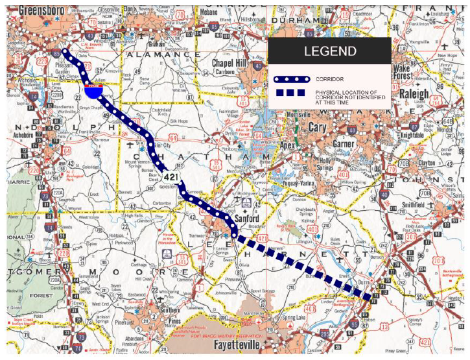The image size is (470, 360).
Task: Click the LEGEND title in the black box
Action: coord(329,51)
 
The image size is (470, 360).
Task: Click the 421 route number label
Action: coord(171,176)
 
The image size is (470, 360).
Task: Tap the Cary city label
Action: coord(317,128)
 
